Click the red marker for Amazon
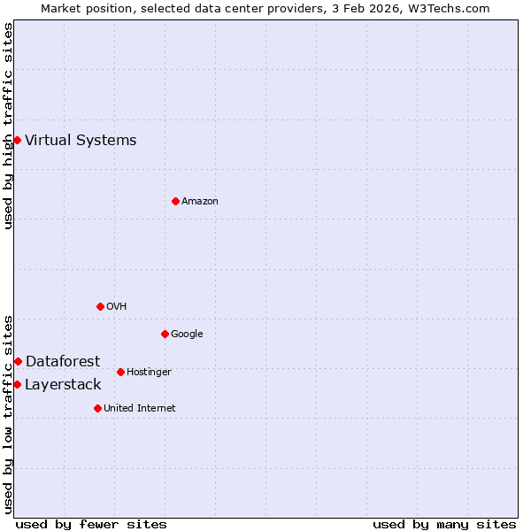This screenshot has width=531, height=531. [175, 201]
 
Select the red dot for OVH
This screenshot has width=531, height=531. [100, 306]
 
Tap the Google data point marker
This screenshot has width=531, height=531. [165, 334]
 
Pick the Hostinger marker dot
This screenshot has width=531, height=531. [120, 372]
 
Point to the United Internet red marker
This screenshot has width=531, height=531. [97, 408]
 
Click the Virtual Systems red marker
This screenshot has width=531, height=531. [17, 140]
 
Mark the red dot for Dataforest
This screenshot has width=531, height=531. [18, 361]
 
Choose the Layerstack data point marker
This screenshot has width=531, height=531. [17, 384]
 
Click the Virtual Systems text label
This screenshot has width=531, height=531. [81, 140]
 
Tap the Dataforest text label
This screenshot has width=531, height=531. [63, 361]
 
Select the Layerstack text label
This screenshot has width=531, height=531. [63, 384]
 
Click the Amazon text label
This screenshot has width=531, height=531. [200, 201]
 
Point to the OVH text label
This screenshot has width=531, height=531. [117, 306]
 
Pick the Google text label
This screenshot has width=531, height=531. [187, 334]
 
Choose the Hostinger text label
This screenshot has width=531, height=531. [149, 372]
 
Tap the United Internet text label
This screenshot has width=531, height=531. [140, 408]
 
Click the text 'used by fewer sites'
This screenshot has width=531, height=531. [91, 524]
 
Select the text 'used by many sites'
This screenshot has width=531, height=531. [444, 524]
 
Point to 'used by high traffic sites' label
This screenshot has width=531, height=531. [8, 126]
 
